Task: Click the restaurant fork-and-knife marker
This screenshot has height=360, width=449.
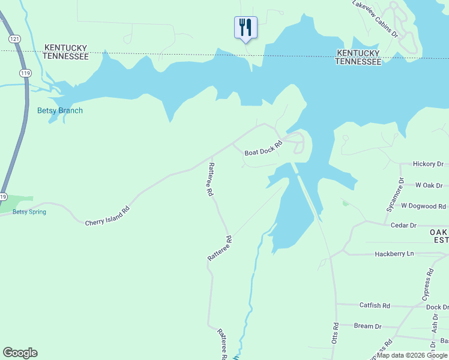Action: pos(245,28)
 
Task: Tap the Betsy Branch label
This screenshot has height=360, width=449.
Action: pos(60,110)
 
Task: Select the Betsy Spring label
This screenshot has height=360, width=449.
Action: pos(29,212)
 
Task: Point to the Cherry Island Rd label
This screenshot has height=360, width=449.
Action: pos(107,217)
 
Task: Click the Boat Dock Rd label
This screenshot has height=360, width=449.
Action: pos(263,148)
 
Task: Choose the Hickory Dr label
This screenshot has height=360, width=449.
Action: pos(428,164)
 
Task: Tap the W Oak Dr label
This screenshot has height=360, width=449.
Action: pos(429,185)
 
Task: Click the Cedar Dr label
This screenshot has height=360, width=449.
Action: pos(403,225)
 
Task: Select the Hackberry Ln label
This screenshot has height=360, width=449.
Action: pos(394,254)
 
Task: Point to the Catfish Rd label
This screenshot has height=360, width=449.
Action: pos(375,305)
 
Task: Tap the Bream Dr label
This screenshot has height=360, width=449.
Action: pos(367,326)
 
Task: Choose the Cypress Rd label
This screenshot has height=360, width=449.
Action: pos(428,284)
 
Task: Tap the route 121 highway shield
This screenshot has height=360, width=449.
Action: pos(14,38)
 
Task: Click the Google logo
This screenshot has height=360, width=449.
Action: pos(20,353)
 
